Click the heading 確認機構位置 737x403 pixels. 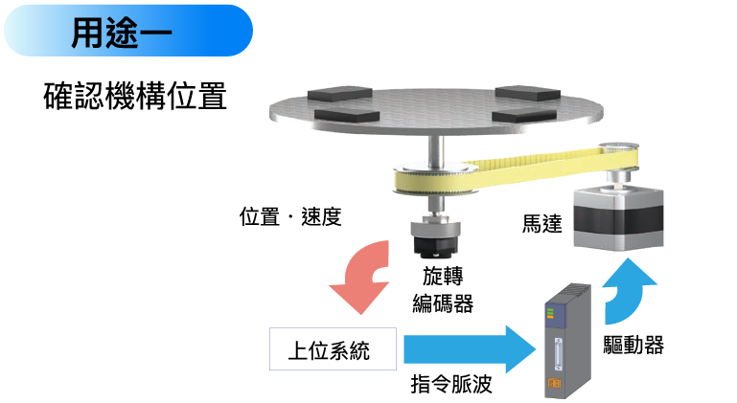point(135,97)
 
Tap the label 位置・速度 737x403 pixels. point(289,217)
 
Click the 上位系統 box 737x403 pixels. point(333,350)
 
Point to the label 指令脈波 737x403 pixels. point(450,386)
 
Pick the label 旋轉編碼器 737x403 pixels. point(442,290)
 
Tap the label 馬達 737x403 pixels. point(541,223)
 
